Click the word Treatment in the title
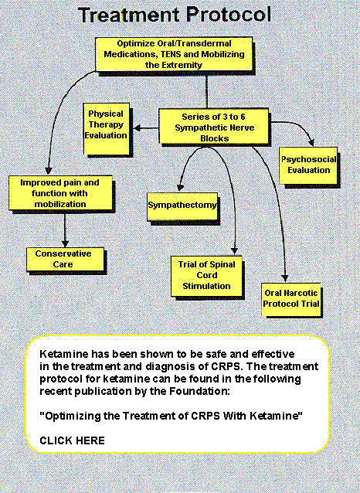129,15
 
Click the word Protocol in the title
229,15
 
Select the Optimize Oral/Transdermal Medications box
174,54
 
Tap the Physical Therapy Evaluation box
107,128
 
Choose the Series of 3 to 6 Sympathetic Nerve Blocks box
214,127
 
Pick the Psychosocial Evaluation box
308,165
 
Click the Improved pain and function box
60,192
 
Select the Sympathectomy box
182,206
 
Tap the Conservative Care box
65,259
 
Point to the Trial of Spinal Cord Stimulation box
206,276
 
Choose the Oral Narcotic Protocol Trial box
291,299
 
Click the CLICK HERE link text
73,440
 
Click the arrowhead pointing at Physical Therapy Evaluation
137,128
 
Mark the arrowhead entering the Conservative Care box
65,243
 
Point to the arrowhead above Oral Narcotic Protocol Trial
284,278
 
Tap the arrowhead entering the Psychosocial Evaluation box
311,143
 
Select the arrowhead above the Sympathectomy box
180,188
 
